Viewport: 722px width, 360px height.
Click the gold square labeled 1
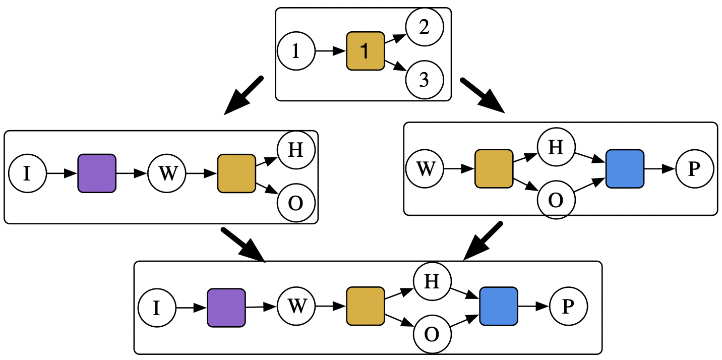click(x=366, y=51)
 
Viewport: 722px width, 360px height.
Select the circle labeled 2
click(x=425, y=27)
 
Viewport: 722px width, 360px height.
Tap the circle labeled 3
click(x=425, y=80)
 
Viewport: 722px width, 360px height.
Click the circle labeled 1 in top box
click(x=296, y=51)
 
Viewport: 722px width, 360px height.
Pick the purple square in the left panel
click(x=97, y=173)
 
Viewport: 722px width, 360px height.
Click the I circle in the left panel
click(x=28, y=173)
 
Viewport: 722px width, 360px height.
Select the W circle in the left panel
click(x=167, y=173)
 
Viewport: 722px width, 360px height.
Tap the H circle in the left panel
click(x=296, y=150)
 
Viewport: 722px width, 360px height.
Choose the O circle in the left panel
click(x=296, y=203)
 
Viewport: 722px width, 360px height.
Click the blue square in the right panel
click(x=625, y=169)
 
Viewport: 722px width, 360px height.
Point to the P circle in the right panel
click(x=694, y=169)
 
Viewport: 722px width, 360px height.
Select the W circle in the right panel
click(x=426, y=169)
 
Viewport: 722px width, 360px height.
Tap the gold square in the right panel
click(x=494, y=169)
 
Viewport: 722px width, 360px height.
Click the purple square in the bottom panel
click(x=226, y=307)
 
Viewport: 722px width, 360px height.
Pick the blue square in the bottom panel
click(x=499, y=306)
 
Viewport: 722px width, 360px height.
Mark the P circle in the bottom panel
click(x=568, y=306)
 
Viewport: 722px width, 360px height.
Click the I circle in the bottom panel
click(x=157, y=307)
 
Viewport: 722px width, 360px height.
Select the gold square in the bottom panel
click(x=366, y=306)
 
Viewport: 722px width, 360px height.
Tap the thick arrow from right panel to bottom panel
click(x=483, y=241)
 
